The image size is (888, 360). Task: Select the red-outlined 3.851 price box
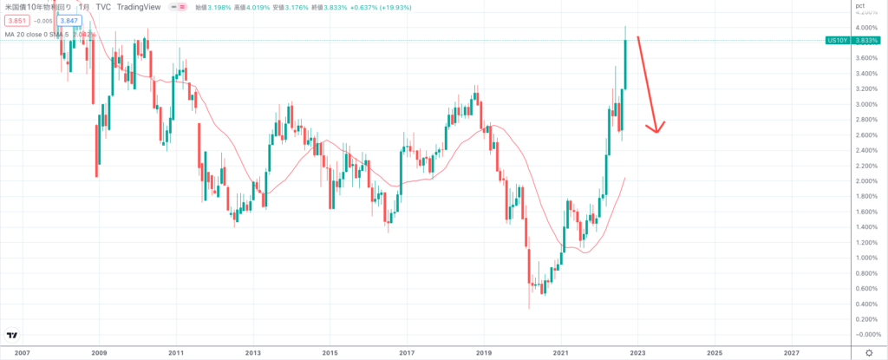[17, 20]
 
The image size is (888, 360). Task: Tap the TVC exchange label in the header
[103, 7]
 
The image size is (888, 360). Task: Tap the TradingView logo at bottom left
[13, 336]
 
